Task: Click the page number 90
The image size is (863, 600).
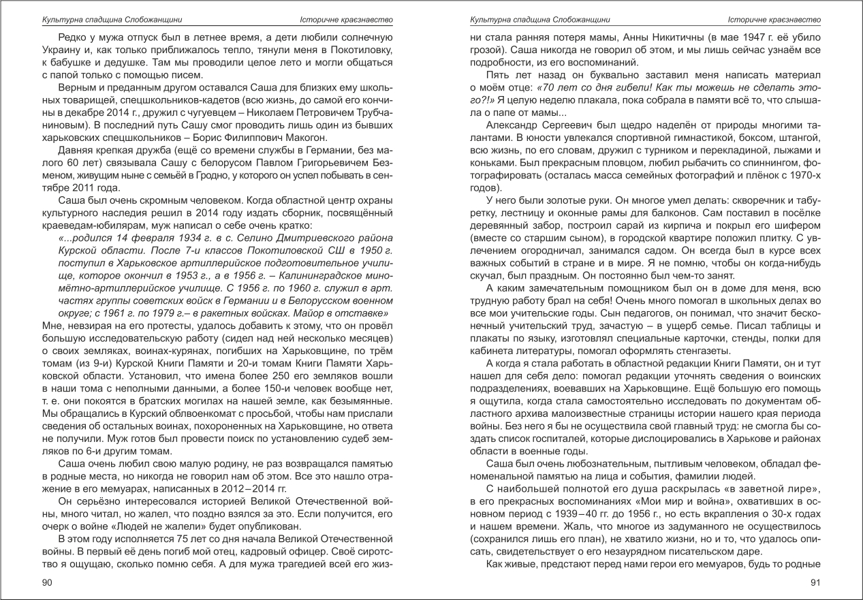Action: coord(47,582)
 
